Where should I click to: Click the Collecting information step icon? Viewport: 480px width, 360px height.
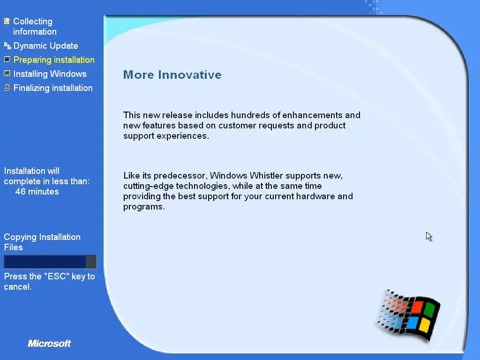[x=7, y=21]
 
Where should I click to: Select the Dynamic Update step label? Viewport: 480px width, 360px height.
[x=45, y=46]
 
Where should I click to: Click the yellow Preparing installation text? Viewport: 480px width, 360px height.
[x=54, y=60]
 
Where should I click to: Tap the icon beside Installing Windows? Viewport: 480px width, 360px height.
[x=7, y=74]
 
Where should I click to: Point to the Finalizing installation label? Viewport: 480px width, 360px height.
[x=53, y=88]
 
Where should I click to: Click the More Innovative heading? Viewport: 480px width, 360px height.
[x=172, y=75]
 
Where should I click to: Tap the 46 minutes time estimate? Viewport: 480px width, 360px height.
[x=37, y=192]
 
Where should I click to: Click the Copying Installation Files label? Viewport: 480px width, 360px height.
[x=42, y=242]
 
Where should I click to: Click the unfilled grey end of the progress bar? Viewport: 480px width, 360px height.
[x=91, y=262]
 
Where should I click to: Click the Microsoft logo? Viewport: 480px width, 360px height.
[x=49, y=344]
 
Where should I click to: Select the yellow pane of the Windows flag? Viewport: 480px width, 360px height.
[x=424, y=325]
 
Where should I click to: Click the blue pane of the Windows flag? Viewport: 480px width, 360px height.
[x=412, y=322]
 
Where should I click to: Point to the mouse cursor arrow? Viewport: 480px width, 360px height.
[x=428, y=236]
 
